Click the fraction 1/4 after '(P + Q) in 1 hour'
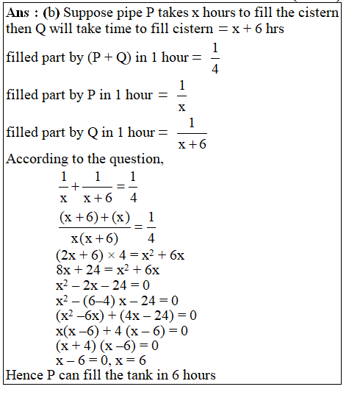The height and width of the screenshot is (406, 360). click(x=215, y=57)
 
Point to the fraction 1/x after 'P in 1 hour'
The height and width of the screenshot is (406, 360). click(x=182, y=95)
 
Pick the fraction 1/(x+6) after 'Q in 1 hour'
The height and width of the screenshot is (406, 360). click(x=192, y=133)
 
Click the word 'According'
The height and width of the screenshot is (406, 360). click(x=35, y=160)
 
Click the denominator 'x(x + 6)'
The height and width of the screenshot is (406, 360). click(x=94, y=238)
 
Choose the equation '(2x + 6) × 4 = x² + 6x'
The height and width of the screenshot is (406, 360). click(x=119, y=255)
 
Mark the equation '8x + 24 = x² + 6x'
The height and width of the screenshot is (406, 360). click(x=107, y=270)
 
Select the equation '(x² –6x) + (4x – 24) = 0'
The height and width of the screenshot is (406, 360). click(x=126, y=315)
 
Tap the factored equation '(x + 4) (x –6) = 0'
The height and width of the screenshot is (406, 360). click(x=107, y=345)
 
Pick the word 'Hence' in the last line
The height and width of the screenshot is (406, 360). click(x=24, y=375)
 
